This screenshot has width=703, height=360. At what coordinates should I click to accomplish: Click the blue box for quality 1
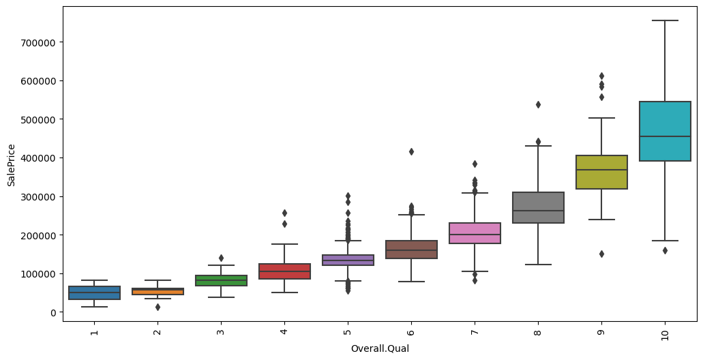point(94,292)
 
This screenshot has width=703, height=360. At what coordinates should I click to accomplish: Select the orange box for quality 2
point(158,291)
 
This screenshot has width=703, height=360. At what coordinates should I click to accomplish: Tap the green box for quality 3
point(221,280)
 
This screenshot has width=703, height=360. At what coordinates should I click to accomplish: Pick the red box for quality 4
point(284,271)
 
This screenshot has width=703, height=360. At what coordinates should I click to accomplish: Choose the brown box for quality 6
point(411,250)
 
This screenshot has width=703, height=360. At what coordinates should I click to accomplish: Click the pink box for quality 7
point(475,233)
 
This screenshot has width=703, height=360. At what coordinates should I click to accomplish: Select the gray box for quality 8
point(538,208)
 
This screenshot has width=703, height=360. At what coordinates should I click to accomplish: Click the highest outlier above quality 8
point(538,104)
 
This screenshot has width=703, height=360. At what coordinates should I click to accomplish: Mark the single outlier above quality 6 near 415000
point(411,151)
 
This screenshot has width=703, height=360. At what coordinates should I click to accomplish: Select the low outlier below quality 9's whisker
point(601,254)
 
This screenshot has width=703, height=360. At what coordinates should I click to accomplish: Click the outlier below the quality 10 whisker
point(665,250)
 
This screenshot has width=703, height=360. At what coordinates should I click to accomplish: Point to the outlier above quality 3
point(221,258)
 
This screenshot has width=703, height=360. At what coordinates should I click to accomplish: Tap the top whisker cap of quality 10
point(665,20)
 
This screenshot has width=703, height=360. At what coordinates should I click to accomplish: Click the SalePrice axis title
point(11,164)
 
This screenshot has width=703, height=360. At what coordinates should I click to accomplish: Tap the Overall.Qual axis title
point(379,349)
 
